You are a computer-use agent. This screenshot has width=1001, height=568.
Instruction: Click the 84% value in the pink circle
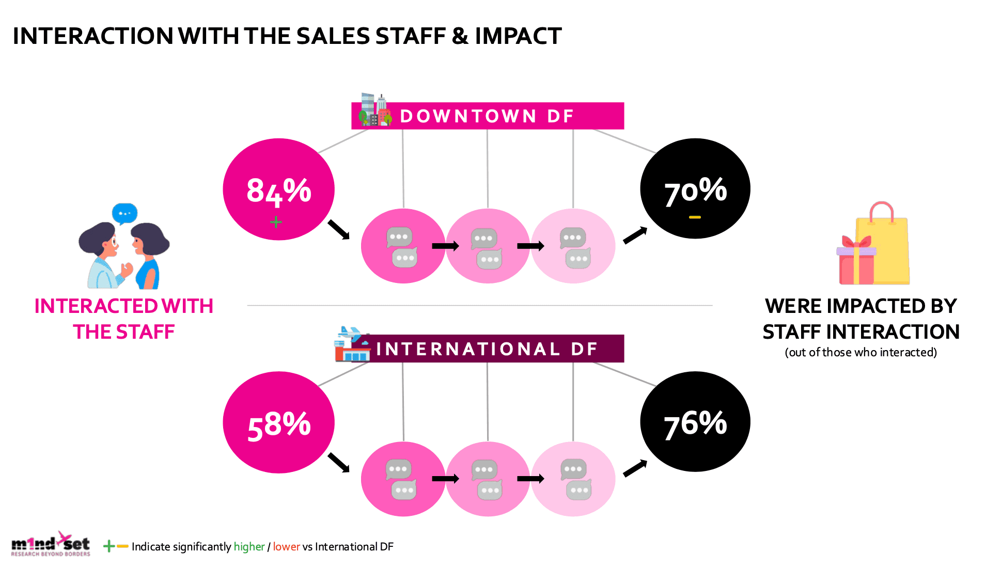coord(278,191)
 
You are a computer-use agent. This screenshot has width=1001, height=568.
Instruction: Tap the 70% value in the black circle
coord(695,191)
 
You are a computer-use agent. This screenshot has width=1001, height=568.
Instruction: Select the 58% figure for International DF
coord(279,425)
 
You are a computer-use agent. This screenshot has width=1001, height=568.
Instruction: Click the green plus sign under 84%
coord(276,222)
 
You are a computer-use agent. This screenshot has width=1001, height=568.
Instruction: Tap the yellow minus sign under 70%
coord(695,217)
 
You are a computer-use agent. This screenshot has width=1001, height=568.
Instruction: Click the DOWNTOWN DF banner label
coord(487,116)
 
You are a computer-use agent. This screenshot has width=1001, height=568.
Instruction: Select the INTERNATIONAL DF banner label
coord(487,349)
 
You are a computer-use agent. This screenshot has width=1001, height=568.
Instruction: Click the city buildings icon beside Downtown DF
coord(374,110)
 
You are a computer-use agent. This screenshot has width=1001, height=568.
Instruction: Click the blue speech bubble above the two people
coord(124,213)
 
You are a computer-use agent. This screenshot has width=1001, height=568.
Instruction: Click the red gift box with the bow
coord(856,262)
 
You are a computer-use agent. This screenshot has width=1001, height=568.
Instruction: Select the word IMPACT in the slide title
coord(518,36)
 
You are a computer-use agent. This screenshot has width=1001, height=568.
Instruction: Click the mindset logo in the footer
coord(51,544)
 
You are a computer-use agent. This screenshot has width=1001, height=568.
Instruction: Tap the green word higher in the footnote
coord(249,547)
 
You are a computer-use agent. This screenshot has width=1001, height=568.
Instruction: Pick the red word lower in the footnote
coord(286,547)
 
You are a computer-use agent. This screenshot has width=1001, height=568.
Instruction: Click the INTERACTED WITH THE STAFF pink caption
coord(124,319)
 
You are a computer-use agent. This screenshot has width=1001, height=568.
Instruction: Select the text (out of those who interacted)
coord(861,352)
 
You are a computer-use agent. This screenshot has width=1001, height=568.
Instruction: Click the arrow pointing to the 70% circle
coord(635,235)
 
